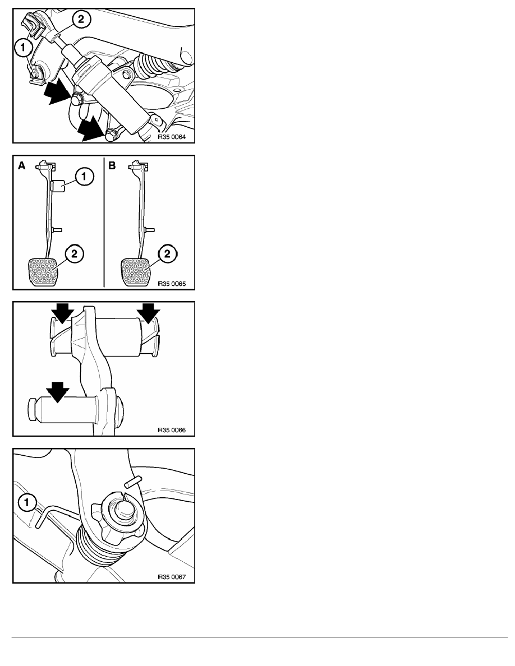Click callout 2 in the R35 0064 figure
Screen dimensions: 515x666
pos(81,19)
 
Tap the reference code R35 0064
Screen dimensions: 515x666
pos(172,137)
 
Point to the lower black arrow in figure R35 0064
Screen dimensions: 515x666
pos(92,129)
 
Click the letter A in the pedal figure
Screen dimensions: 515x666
pos(22,165)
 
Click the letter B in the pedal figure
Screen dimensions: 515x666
pos(112,165)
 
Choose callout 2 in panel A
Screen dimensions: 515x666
pos(75,254)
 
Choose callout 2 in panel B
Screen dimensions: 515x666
pos(167,254)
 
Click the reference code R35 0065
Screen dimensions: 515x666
pos(172,284)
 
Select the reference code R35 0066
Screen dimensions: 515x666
pos(172,431)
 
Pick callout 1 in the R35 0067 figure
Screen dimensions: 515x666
pos(27,503)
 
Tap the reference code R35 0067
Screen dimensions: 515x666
pos(172,577)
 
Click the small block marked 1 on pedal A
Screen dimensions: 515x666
pos(57,186)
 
